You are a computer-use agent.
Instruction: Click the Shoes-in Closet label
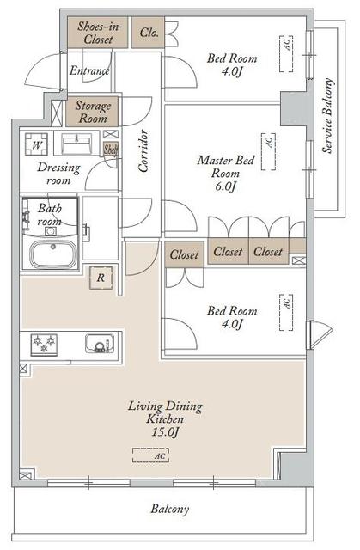click(97, 33)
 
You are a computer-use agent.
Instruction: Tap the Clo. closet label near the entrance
click(148, 33)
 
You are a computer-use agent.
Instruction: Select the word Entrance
click(88, 71)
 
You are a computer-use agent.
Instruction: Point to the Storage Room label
click(91, 113)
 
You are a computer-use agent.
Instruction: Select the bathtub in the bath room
click(53, 255)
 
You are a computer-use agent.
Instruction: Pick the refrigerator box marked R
click(101, 277)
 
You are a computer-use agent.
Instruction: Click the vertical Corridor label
click(144, 151)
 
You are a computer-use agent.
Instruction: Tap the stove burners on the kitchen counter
click(43, 344)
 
